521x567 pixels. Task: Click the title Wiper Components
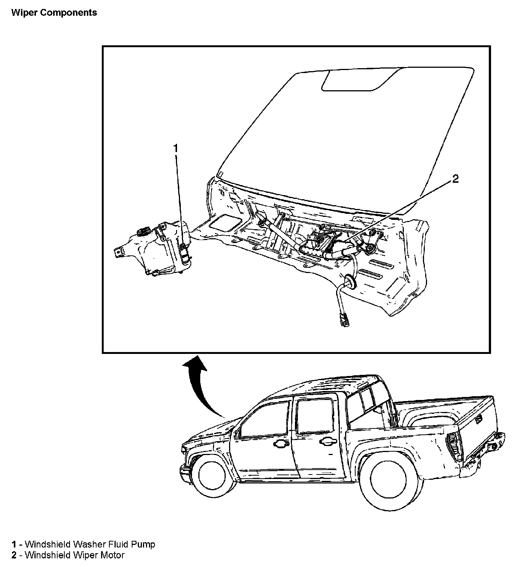pos(54,13)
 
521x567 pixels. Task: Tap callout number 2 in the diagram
pos(455,179)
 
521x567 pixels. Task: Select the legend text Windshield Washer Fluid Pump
pos(90,544)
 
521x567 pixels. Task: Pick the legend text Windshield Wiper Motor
pos(74,555)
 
